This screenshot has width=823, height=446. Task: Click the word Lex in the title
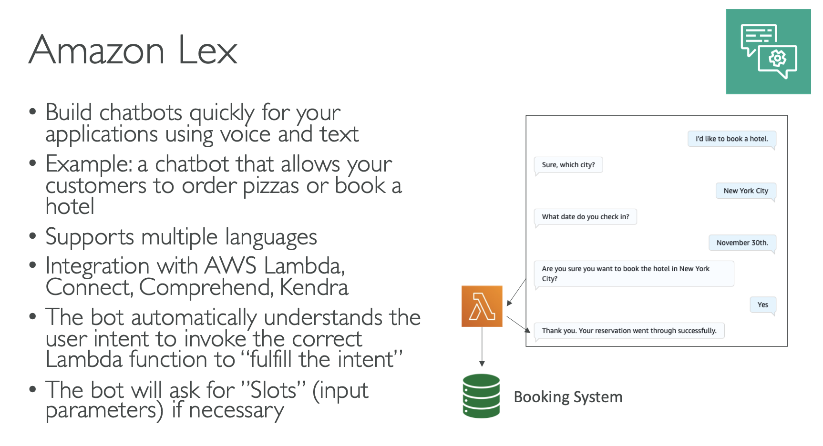point(207,51)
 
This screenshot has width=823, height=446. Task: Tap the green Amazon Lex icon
point(768,51)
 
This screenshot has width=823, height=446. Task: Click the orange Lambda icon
point(482,306)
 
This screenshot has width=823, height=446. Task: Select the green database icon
point(481,396)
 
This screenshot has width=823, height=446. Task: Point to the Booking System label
point(568,397)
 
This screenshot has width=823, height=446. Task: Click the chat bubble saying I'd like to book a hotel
point(731,139)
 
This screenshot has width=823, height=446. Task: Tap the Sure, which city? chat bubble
point(568,165)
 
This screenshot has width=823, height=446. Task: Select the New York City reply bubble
point(746,191)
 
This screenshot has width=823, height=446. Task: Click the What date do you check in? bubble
point(586,217)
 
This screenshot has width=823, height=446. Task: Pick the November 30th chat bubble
point(742,243)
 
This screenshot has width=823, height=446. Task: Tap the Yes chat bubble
point(763,304)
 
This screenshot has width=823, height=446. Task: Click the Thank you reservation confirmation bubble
point(629,331)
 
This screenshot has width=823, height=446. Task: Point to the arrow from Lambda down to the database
point(482,346)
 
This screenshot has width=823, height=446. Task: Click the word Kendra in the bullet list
point(314,287)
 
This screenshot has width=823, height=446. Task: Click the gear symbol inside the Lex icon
point(778,59)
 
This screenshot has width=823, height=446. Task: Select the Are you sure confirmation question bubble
point(634,274)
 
